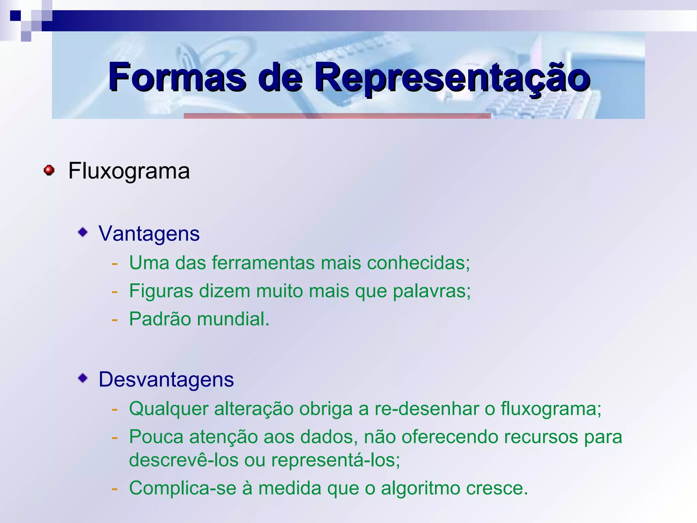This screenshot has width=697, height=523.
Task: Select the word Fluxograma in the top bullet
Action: pyautogui.click(x=129, y=171)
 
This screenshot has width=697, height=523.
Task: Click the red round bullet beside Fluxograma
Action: pyautogui.click(x=49, y=170)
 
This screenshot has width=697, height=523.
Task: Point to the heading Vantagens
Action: pyautogui.click(x=149, y=234)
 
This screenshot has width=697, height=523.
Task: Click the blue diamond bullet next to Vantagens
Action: pyautogui.click(x=83, y=233)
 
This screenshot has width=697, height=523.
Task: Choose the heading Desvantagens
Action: pyautogui.click(x=166, y=379)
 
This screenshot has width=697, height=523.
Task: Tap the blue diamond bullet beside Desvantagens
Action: pyautogui.click(x=83, y=378)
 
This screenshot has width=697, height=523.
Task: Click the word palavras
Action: pyautogui.click(x=431, y=291)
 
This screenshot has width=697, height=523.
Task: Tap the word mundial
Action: pyautogui.click(x=233, y=319)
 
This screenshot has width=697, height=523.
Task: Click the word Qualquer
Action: pyautogui.click(x=168, y=409)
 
